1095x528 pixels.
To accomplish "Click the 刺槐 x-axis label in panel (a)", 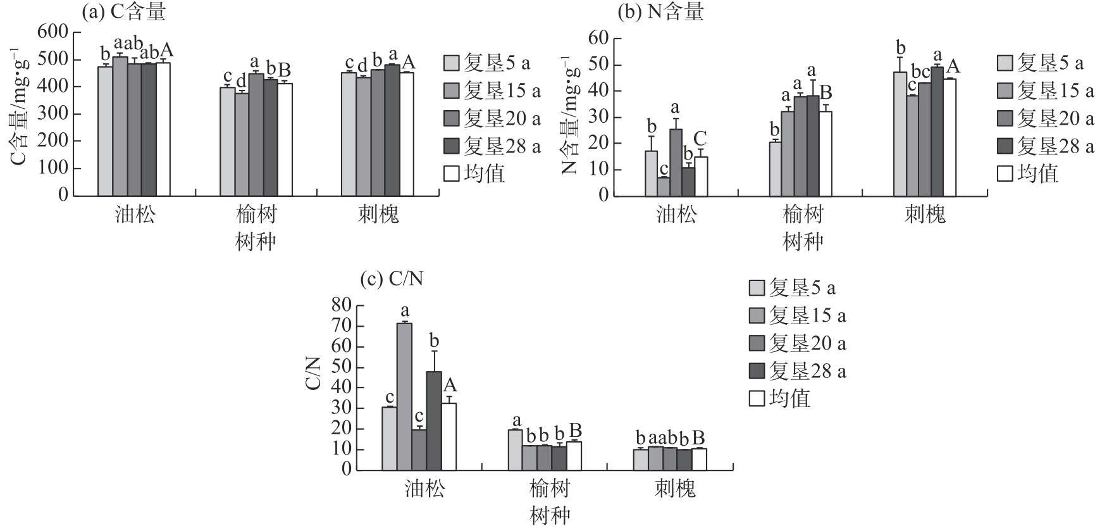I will pos(378,215).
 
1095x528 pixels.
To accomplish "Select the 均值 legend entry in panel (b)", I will pos(1028,173).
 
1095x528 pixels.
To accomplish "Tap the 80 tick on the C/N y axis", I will pos(341,306).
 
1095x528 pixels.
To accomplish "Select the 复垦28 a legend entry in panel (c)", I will pos(798,371).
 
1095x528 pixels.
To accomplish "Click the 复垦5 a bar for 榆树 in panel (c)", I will pos(515,449).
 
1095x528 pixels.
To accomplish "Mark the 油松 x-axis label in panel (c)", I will pos(424,489).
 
